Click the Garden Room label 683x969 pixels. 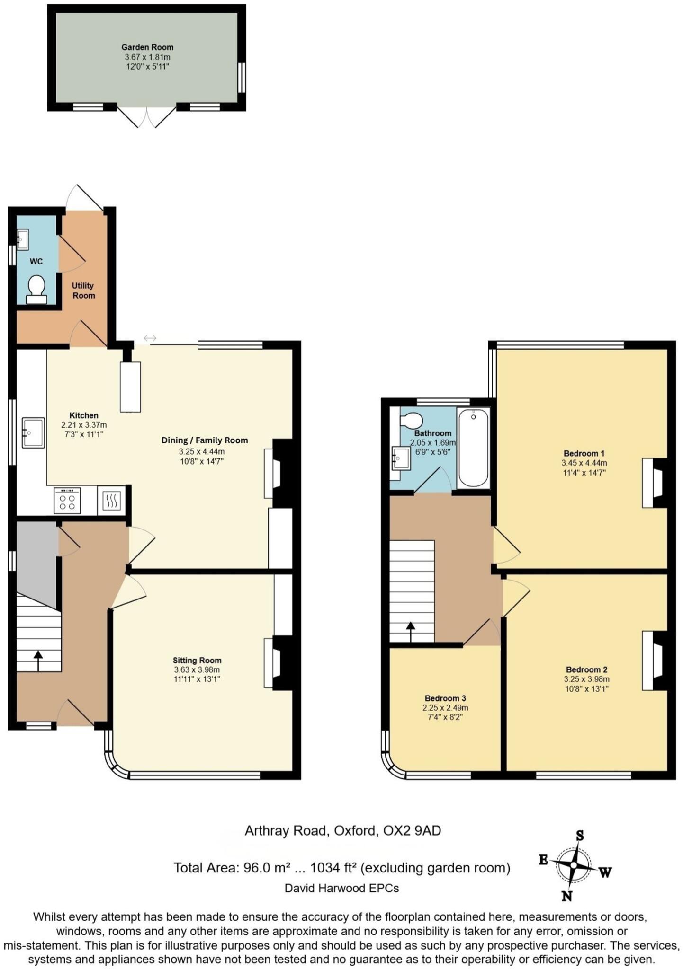147,47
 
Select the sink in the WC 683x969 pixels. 22,239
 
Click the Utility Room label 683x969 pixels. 83,291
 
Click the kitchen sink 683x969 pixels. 33,432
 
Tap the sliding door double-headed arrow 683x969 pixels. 150,338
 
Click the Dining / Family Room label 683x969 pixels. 205,440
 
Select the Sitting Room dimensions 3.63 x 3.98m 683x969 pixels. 197,670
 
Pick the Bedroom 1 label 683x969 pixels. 584,453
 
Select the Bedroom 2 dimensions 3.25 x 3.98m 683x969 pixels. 586,679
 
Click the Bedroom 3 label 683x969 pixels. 445,698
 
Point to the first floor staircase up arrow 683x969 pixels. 410,631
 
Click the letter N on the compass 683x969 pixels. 566,895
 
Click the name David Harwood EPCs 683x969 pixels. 341,888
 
